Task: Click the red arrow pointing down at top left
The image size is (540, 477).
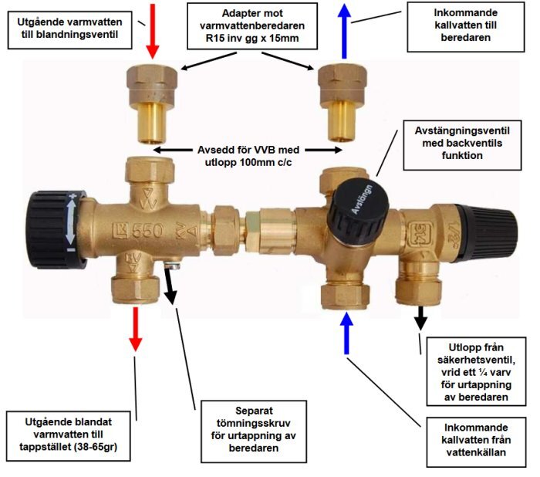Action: click(153, 30)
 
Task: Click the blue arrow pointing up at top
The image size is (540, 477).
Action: click(345, 31)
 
